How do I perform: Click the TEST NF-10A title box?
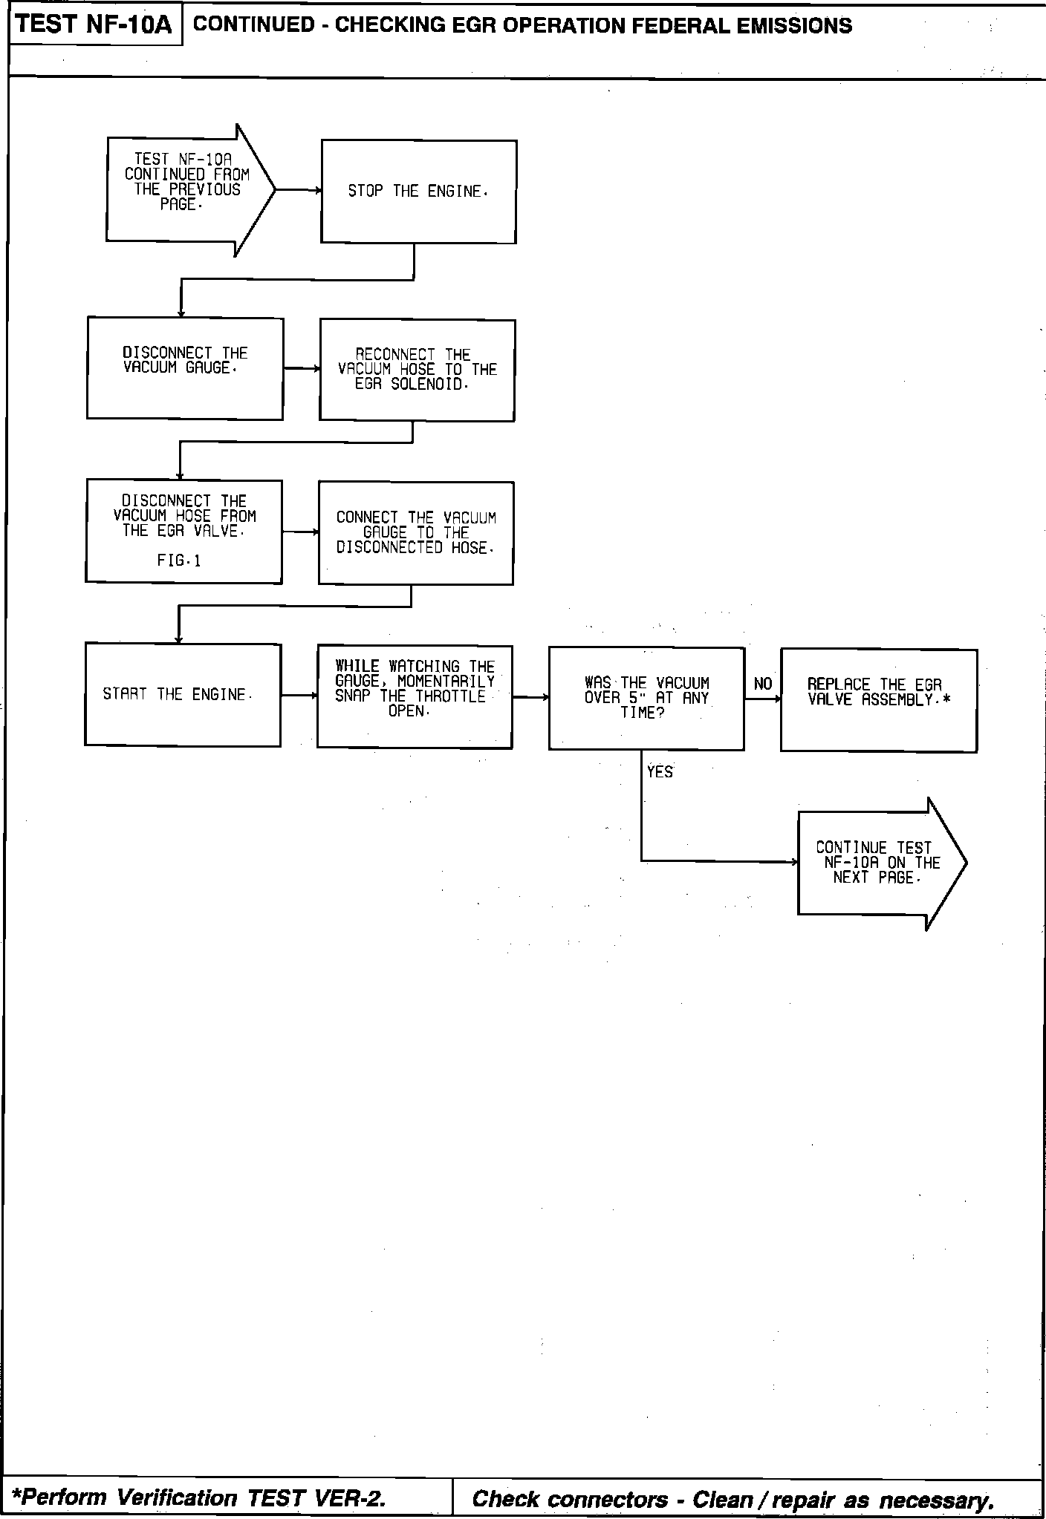click(x=94, y=24)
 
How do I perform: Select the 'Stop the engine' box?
click(x=418, y=192)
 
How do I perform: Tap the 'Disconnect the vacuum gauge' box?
click(x=185, y=368)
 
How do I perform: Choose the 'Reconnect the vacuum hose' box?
click(x=417, y=370)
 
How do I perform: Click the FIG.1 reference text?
click(x=179, y=561)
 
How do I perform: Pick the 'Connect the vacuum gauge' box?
click(x=415, y=533)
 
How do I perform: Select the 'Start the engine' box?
click(x=183, y=694)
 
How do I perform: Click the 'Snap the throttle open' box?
click(x=415, y=696)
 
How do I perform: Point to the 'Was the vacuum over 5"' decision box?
click(x=646, y=698)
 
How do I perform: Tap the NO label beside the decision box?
click(x=763, y=684)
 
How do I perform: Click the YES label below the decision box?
click(x=660, y=772)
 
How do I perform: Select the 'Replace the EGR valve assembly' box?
click(x=878, y=701)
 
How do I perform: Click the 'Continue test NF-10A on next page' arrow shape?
click(x=877, y=863)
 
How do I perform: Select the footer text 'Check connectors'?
click(x=570, y=1499)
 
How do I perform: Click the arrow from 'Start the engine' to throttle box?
click(x=299, y=696)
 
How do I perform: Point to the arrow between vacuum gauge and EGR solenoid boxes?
click(x=301, y=368)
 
